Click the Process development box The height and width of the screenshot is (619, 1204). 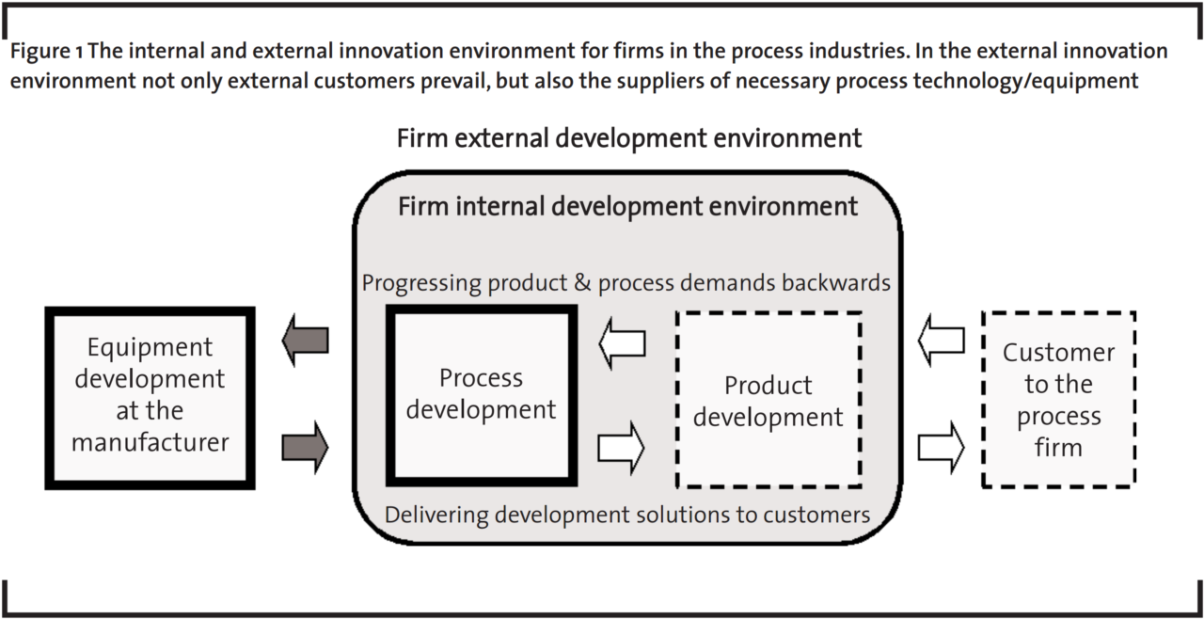tap(481, 394)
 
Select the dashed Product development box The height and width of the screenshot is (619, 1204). tap(768, 401)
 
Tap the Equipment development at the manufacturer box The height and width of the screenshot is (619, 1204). tap(150, 395)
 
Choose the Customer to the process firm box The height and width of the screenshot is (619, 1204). tap(1058, 400)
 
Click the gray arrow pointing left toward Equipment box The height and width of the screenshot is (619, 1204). tap(306, 341)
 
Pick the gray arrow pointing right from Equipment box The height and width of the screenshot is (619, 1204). tap(306, 446)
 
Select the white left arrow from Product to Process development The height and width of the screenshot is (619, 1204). tap(622, 343)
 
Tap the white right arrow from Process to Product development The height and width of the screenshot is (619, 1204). tap(622, 446)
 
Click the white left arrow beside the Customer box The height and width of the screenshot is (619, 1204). tap(941, 340)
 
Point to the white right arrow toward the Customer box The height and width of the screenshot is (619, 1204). tap(941, 446)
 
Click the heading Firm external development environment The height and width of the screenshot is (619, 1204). tap(628, 139)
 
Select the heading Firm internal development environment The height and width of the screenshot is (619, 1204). tap(627, 206)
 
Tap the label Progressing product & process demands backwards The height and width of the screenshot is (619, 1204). tap(626, 282)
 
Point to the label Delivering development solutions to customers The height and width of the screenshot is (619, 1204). tap(626, 515)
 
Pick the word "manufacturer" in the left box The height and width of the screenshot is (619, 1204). tap(150, 442)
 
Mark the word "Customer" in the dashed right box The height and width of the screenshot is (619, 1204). tap(1058, 353)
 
